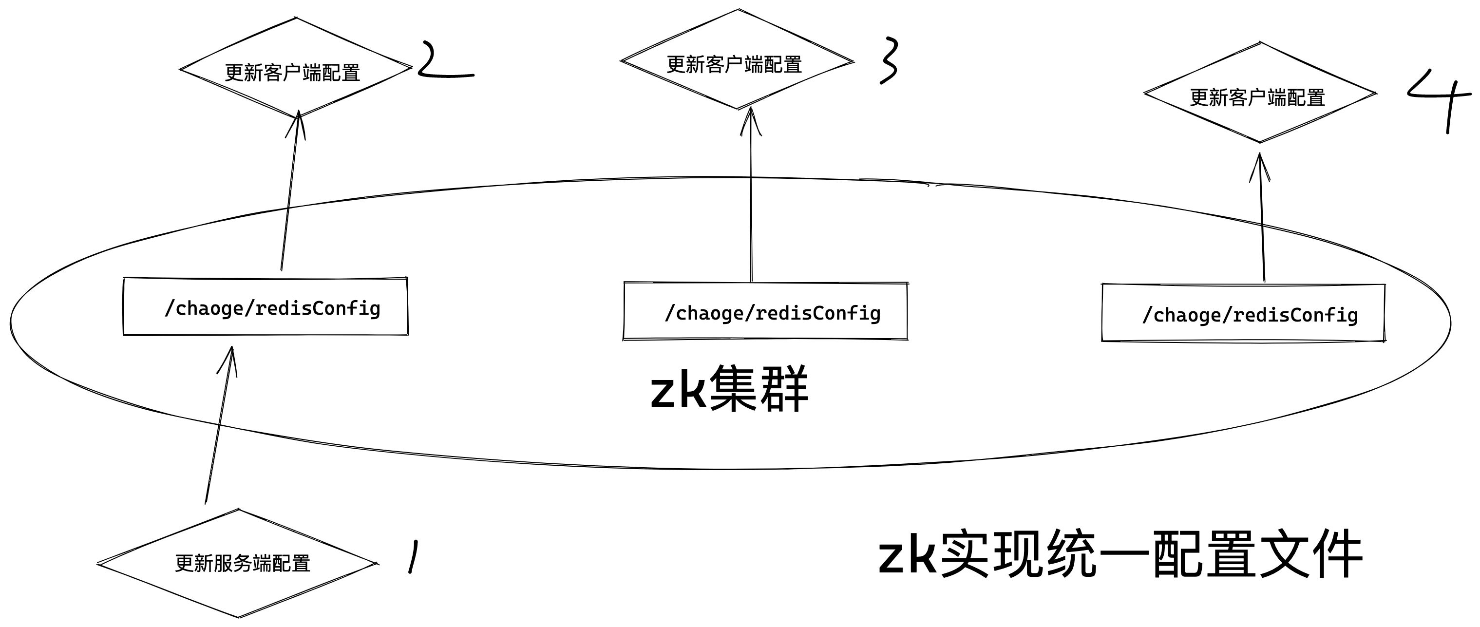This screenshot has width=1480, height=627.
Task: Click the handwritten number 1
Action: pos(413,556)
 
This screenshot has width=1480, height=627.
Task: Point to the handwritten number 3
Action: pos(888,61)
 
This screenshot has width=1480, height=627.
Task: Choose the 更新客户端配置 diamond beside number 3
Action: pos(737,61)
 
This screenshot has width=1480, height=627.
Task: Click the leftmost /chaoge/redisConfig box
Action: pos(266,307)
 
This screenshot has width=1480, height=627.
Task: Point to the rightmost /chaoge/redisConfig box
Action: pos(1243,314)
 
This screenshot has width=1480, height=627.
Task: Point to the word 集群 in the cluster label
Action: pos(759,390)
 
